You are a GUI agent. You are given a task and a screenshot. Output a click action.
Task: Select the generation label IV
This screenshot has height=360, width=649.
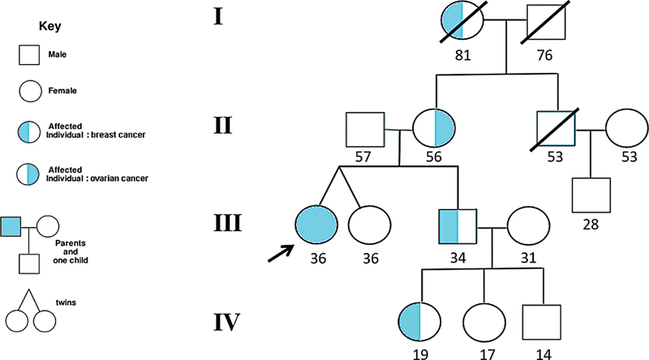pos(226,324)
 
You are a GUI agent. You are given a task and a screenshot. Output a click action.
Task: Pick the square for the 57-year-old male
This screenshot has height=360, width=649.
pos(365,131)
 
